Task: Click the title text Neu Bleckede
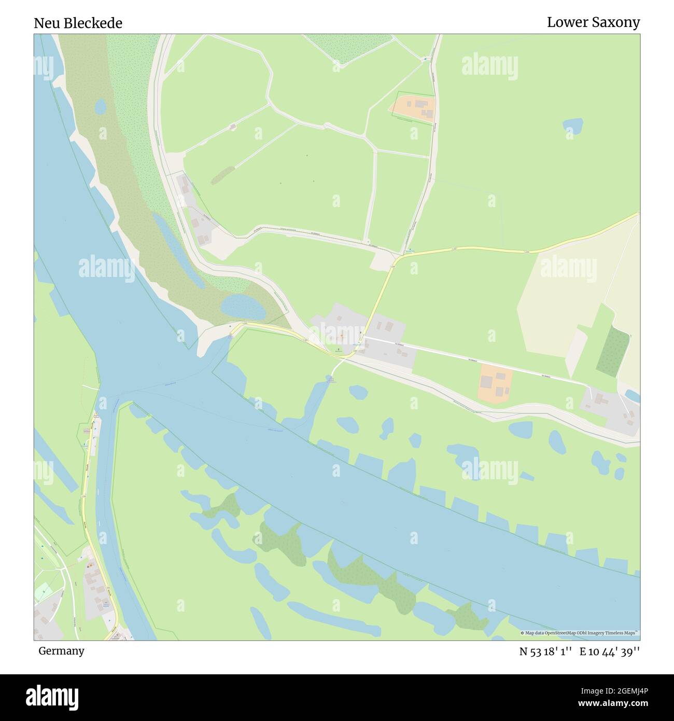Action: click(78, 23)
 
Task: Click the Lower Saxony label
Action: click(593, 22)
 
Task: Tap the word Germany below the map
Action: click(61, 650)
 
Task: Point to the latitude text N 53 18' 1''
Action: click(545, 651)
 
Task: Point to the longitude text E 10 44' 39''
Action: click(610, 651)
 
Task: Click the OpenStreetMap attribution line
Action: click(580, 633)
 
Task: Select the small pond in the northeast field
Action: click(573, 125)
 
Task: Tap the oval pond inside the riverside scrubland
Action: click(243, 307)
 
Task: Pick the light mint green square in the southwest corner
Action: click(44, 591)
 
